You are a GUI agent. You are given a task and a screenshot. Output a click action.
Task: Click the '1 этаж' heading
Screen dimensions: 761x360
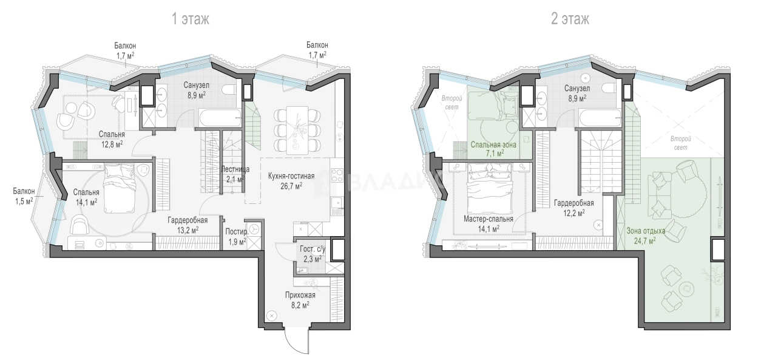tap(191, 19)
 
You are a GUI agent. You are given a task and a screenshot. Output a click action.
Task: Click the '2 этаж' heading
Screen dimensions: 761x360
tap(570, 19)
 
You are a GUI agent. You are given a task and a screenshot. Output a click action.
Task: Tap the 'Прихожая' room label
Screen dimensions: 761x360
tap(300, 295)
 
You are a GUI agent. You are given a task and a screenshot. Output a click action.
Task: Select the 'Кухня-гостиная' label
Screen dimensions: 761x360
tap(291, 176)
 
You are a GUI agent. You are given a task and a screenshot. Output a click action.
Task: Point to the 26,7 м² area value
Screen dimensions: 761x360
tap(291, 186)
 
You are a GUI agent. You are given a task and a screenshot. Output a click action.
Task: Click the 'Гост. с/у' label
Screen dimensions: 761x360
tap(313, 249)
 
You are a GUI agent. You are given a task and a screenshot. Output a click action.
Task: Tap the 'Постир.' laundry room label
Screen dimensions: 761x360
tap(237, 232)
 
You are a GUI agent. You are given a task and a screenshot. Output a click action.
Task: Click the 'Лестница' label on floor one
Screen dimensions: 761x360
tap(235, 169)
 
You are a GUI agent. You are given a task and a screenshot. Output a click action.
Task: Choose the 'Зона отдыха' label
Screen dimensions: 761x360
tap(646, 231)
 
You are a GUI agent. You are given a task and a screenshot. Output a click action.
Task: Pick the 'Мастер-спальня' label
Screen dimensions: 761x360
tap(488, 219)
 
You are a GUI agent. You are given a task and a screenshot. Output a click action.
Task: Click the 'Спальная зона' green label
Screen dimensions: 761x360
tap(493, 144)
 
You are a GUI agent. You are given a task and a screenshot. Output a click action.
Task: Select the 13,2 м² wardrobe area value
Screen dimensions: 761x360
tap(188, 230)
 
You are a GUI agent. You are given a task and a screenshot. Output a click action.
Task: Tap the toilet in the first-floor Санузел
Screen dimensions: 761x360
tap(229, 89)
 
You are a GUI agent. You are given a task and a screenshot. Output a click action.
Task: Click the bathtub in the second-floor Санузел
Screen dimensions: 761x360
tap(601, 118)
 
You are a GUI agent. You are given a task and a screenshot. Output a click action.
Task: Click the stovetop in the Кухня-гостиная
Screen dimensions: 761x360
tap(337, 176)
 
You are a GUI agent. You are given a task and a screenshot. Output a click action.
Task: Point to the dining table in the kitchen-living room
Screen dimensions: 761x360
tap(297, 130)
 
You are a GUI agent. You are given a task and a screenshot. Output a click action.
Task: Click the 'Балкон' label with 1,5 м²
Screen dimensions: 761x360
tap(24, 191)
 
